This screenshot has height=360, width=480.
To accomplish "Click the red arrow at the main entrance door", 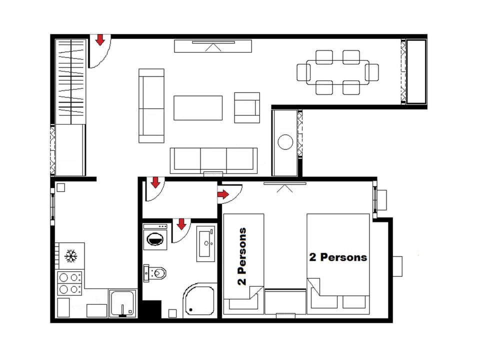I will point(100,39).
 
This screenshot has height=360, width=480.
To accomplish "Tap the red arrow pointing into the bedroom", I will point(223,194).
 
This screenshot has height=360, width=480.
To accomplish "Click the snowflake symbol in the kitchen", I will point(71,256).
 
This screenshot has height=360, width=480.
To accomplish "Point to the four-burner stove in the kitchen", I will point(70,283).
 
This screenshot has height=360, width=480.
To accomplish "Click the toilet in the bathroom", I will point(155,272).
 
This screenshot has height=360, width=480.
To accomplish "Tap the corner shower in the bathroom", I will point(199,300).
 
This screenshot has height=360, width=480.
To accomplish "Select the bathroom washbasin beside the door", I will point(205,243).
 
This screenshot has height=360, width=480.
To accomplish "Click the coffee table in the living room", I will point(198,107).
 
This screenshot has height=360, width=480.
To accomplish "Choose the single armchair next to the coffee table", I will point(247,107).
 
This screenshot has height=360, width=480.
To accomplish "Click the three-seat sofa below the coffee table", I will point(213,160).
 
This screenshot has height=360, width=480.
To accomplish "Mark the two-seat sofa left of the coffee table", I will point(151,105).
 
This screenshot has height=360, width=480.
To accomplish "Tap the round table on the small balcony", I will point(285,142).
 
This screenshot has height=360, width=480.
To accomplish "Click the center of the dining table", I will point(338,72).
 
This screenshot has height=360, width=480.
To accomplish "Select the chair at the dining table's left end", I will point(302,72).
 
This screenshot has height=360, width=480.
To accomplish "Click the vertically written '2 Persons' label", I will point(242,256).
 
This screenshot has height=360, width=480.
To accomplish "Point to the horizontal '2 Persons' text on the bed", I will point(338,257).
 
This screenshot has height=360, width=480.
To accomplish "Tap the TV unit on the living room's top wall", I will point(213,46).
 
